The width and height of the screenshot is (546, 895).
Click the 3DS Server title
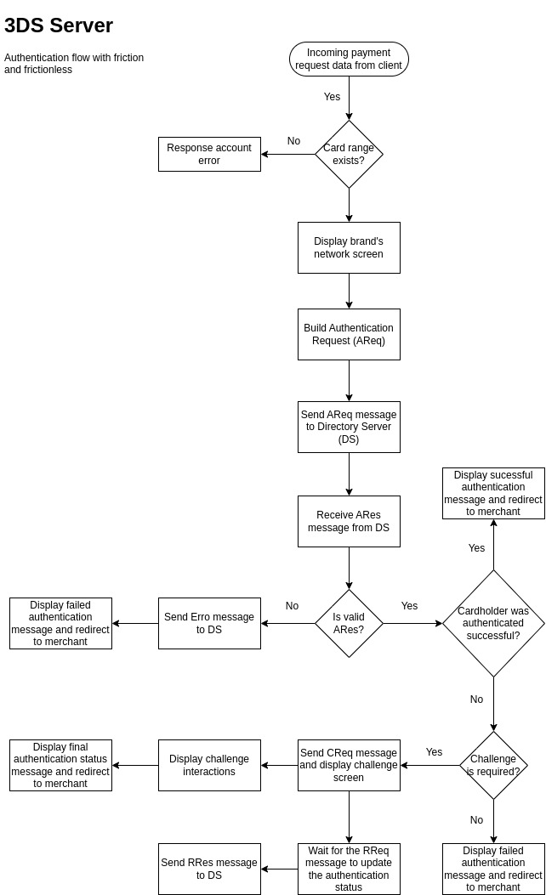pos(59,25)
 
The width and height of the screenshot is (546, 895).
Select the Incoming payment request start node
pos(349,59)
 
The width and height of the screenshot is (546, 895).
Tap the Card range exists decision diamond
pos(349,154)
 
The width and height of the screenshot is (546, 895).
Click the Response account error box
pos(209,154)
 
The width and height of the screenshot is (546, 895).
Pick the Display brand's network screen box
pos(349,247)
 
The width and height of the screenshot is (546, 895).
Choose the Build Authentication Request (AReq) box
pos(349,334)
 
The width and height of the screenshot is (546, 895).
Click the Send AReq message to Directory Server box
pos(349,427)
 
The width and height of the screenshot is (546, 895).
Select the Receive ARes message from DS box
pos(349,521)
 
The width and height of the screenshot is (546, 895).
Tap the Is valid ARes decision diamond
pos(349,623)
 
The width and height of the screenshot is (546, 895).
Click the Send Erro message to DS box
pos(209,623)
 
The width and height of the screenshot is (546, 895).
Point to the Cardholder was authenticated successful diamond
pos(493,623)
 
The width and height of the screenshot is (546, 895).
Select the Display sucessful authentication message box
pos(493,493)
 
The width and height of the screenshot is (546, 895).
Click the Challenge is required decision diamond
pos(493,765)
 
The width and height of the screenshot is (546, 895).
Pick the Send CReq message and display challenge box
pos(349,765)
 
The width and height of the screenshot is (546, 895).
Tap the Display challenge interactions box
pos(209,765)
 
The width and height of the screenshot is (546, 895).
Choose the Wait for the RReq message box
pos(349,869)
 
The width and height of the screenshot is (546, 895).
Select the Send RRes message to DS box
pos(209,869)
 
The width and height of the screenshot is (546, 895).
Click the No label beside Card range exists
pos(293,141)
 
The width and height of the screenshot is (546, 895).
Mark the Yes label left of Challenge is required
pos(434,752)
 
